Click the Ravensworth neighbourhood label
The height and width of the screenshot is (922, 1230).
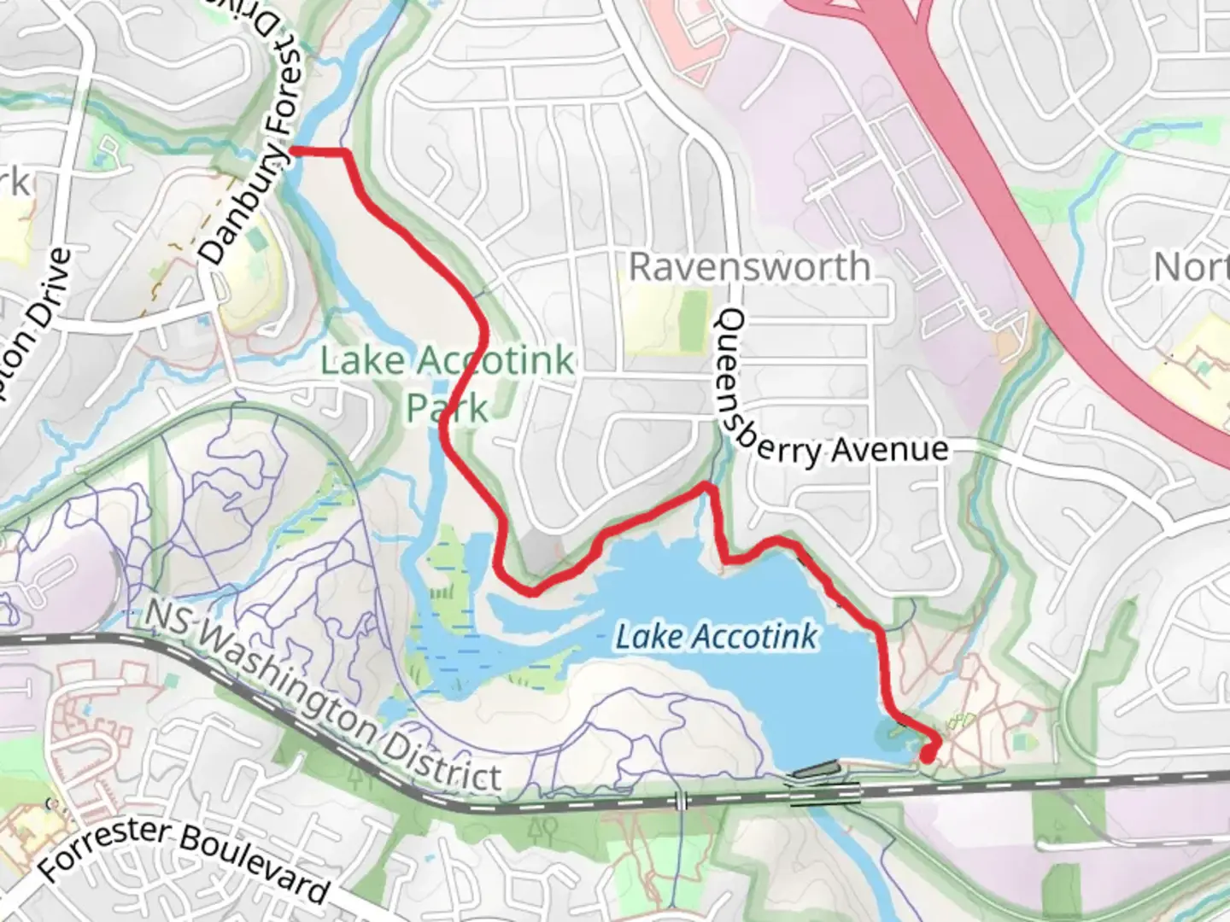(749, 266)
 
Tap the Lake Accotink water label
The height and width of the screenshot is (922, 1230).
(716, 636)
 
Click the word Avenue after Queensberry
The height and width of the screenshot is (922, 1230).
(890, 449)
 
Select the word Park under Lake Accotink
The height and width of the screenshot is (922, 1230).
(447, 408)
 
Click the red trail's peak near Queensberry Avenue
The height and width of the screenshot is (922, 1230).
(706, 487)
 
